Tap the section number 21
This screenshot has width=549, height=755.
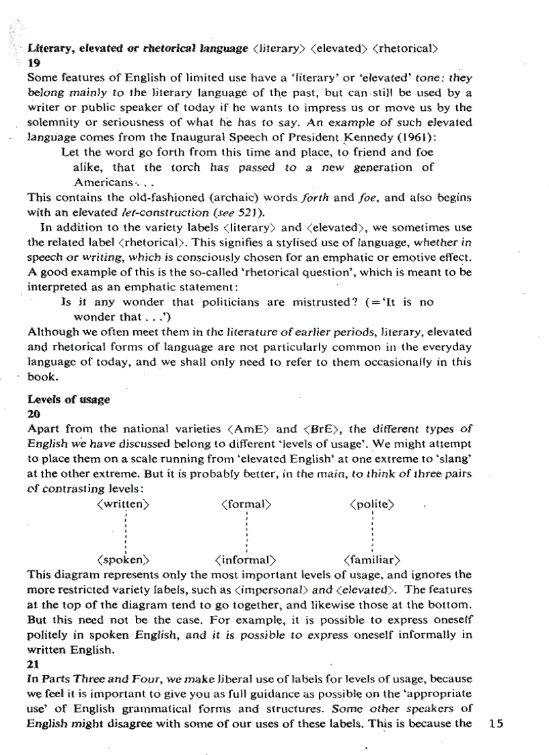[33, 644]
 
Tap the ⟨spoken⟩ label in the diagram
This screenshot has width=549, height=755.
[122, 559]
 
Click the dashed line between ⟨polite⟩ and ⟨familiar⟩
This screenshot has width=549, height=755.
[372, 531]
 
